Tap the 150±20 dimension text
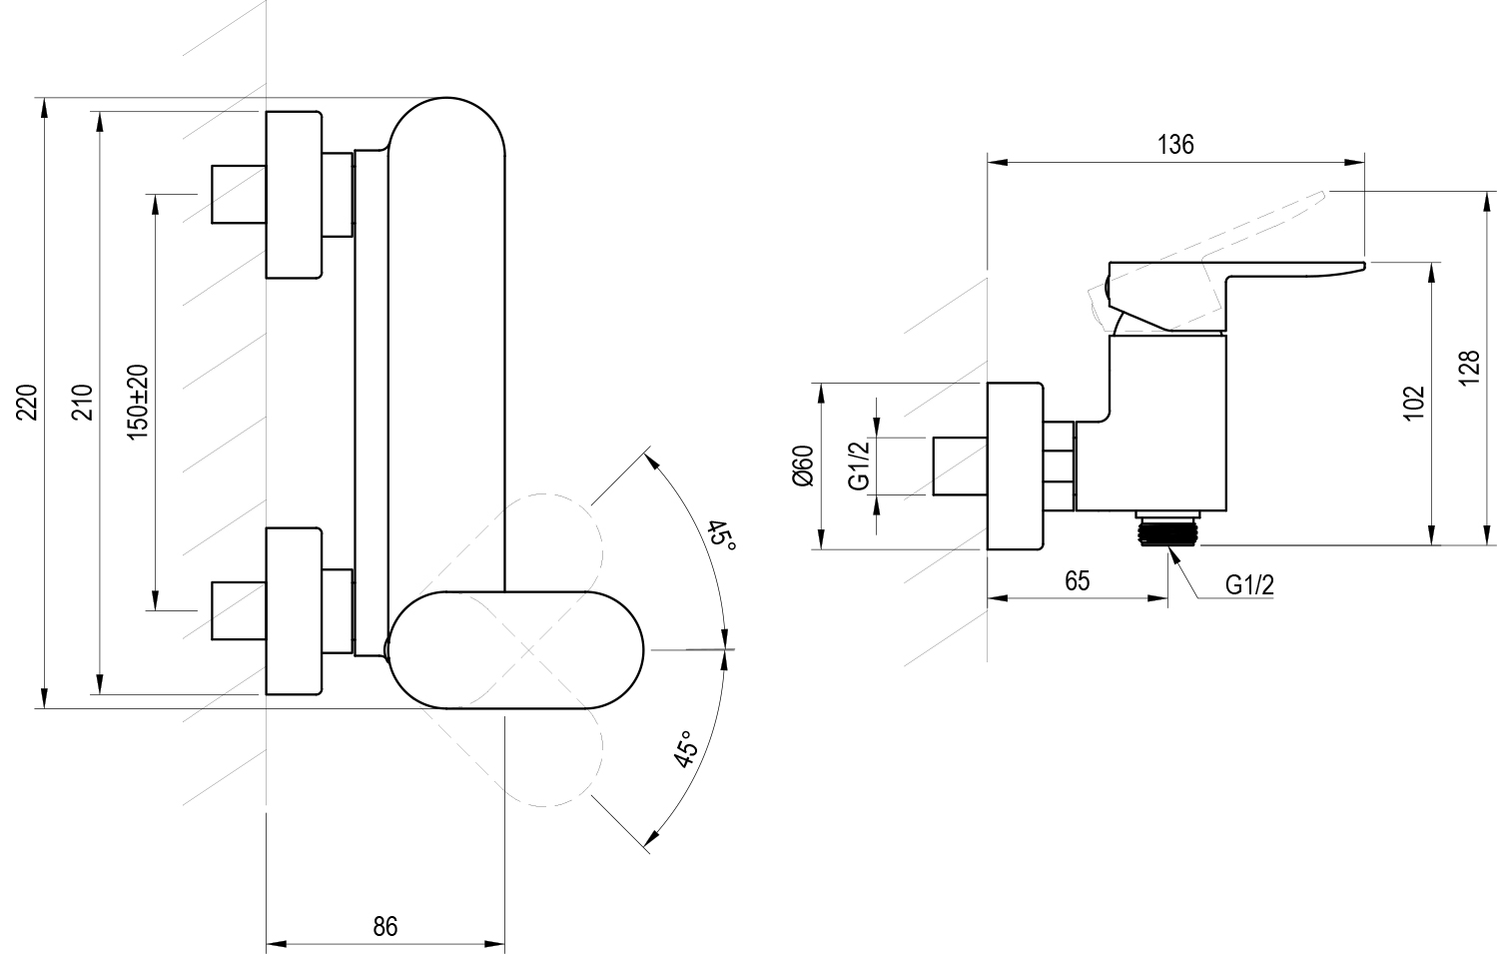coord(139,402)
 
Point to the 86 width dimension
coord(384,926)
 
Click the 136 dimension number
coord(1175,145)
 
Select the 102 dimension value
coord(1413,403)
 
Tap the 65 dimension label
coord(1077,580)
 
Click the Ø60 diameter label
coord(804,466)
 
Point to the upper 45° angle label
coord(721,539)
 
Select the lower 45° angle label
coord(687,750)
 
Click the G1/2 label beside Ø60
coord(861,466)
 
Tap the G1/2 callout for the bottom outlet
coord(1249,585)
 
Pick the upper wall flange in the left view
coord(294,195)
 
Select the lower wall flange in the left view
coord(294,610)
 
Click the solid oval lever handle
coord(516,650)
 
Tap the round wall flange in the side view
coord(1015,466)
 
